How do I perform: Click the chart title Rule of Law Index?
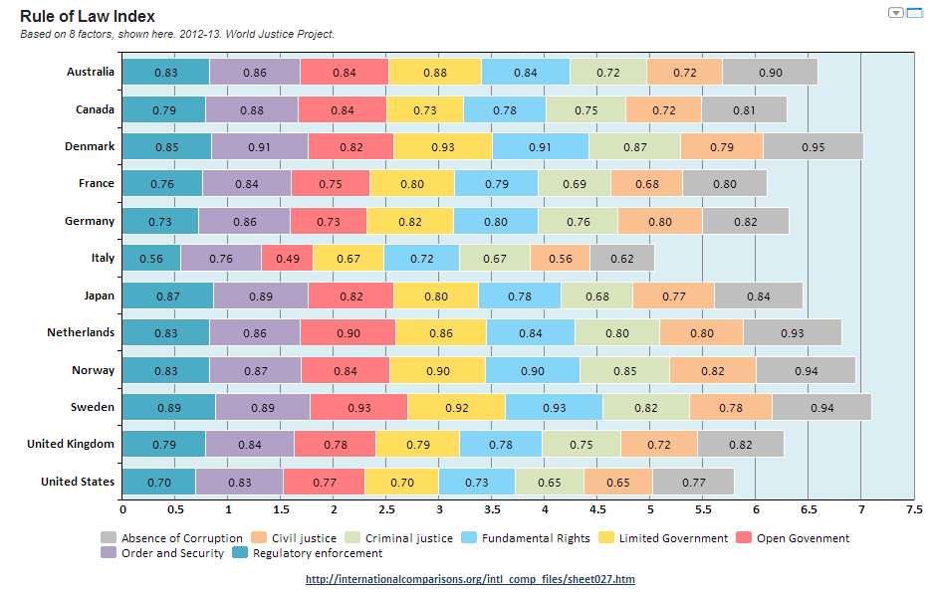87,17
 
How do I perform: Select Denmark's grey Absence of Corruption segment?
813,146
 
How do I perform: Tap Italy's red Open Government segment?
287,258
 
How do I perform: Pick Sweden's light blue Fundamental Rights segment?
554,407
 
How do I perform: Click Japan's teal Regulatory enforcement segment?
167,296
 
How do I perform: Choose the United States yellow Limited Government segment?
401,482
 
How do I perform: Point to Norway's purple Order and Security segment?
255,370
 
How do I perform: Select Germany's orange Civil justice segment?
659,221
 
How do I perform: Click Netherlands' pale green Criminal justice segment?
616,332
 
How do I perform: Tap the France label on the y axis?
97,183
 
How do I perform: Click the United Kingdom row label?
71,444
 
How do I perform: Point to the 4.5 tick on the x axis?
597,509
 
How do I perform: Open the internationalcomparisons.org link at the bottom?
470,579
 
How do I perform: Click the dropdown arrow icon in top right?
895,13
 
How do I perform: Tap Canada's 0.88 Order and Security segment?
251,109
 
